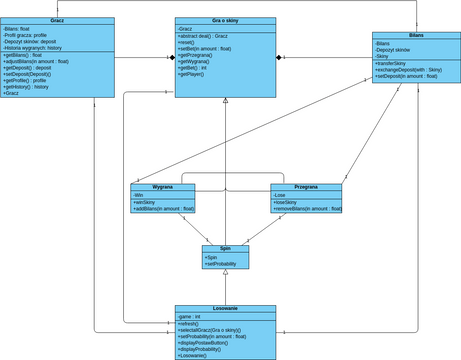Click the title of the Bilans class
pos(415,35)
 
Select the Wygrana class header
pos(163,187)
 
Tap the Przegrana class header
pos(306,187)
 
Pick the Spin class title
pos(226,248)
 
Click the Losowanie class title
pos(226,309)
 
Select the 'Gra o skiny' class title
pos(226,21)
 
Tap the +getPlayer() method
pos(193,74)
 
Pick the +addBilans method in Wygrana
pos(163,208)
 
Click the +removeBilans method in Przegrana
pos(307,208)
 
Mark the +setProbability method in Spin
pos(223,264)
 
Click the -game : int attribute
pos(191,316)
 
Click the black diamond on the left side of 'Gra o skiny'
pos(171,57)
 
